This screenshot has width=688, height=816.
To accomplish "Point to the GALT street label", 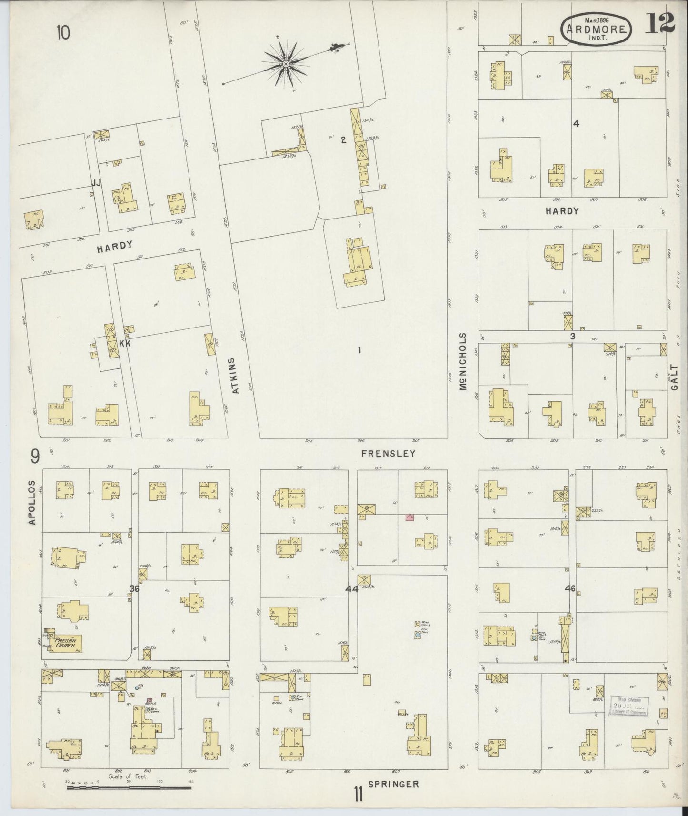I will tap(673, 376).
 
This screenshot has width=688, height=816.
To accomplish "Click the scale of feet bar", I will tap(129, 788).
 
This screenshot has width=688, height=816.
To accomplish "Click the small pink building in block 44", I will tap(409, 517).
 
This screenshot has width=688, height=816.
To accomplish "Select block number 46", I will tap(570, 588).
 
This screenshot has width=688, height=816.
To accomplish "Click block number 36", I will tap(134, 589).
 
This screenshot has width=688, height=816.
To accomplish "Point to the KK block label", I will tap(125, 343).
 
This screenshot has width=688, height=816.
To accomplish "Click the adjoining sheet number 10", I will tap(63, 33).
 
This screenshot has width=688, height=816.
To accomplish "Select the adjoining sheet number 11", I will tap(358, 795).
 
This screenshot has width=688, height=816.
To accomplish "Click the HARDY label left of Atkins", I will tap(114, 246).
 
